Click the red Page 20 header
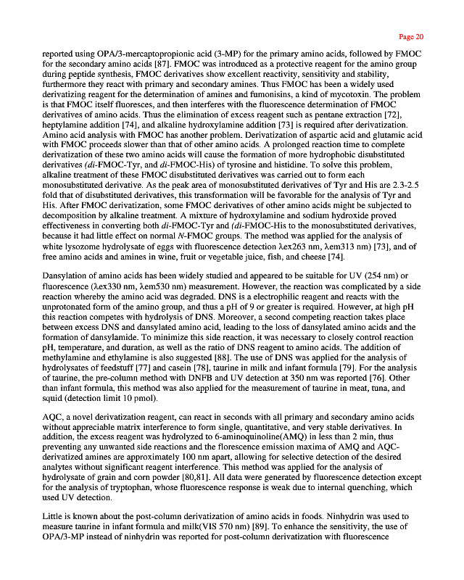[411, 36]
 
